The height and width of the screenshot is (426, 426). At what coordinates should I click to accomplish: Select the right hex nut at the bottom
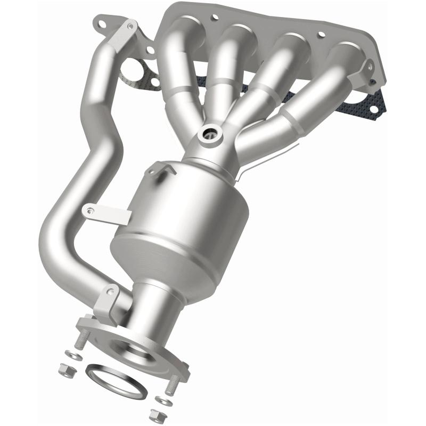155,414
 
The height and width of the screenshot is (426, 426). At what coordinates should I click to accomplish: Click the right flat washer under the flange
161,399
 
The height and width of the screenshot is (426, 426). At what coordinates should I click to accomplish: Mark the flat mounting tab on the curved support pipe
106,213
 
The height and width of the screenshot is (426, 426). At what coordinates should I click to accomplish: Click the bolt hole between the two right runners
321,35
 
